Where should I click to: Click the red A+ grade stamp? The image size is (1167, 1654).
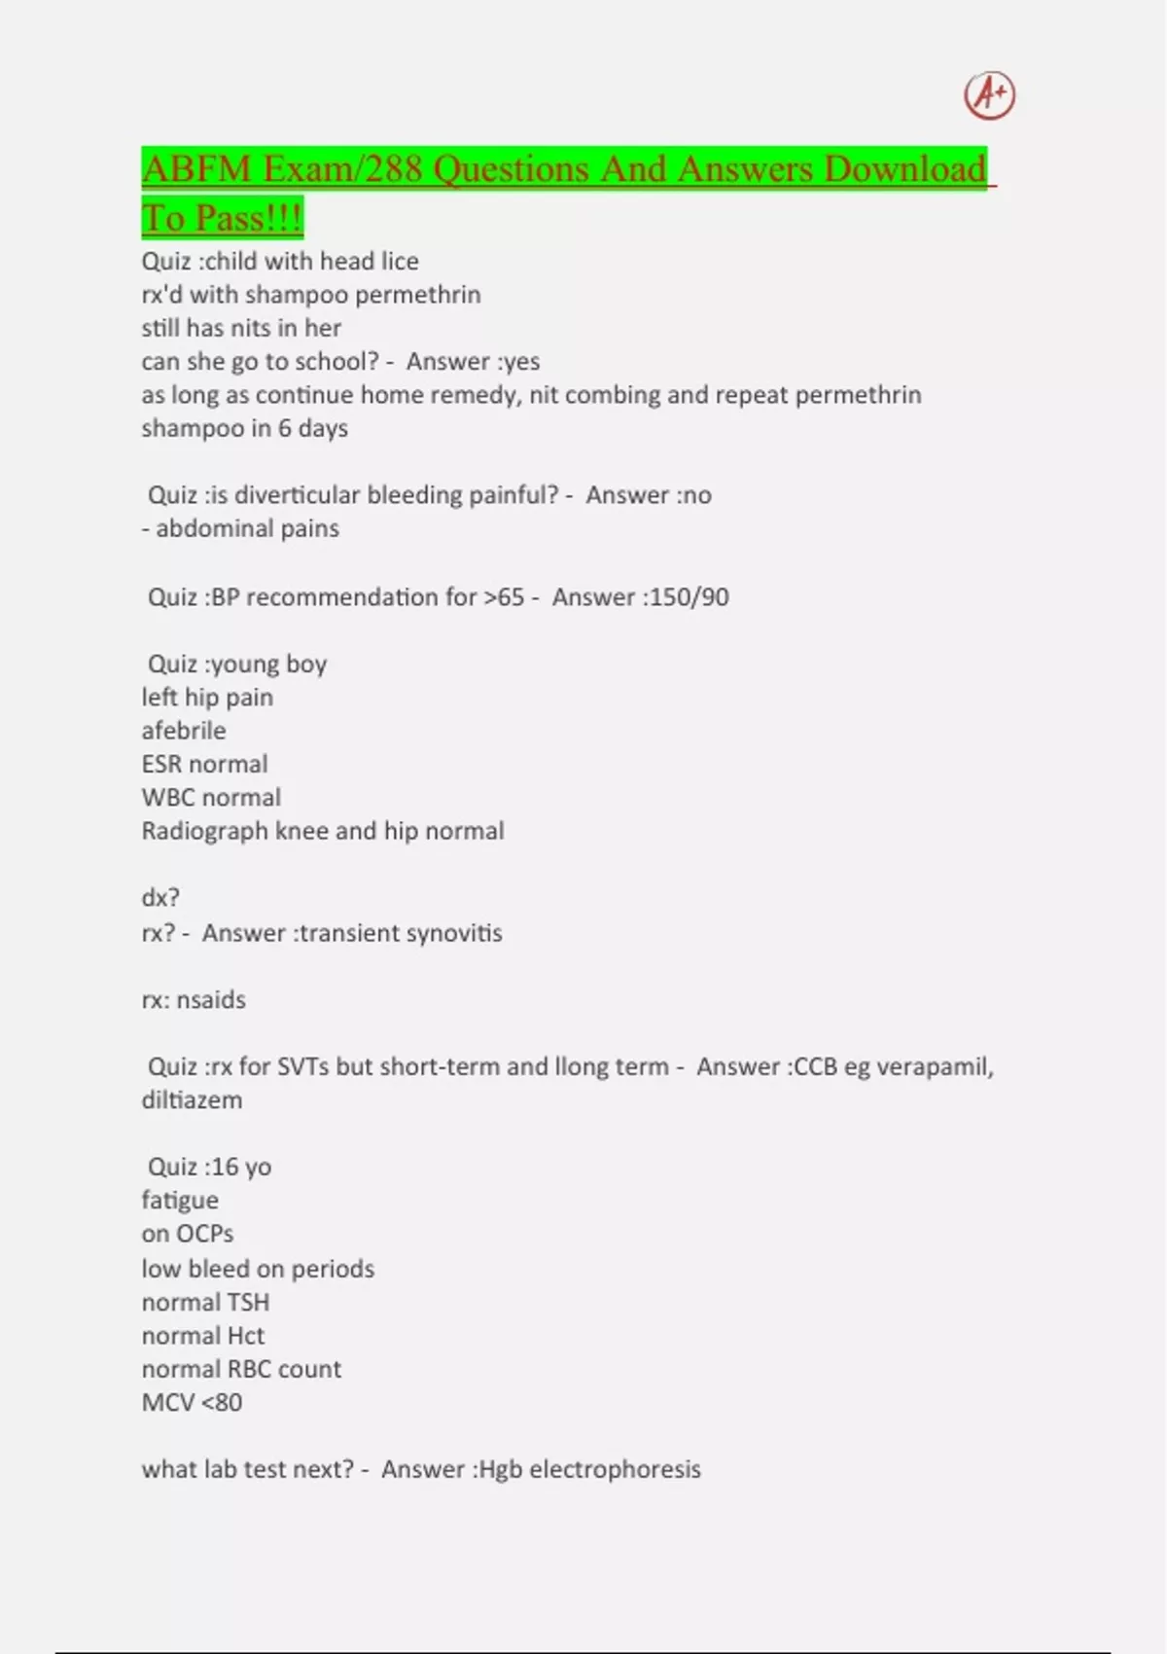coord(989,95)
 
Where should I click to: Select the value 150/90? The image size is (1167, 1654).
coord(689,597)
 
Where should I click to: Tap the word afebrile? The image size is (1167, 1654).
coord(184,731)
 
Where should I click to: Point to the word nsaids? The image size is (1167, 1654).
coord(211,1000)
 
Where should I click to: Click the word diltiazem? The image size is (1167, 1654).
coord(192,1100)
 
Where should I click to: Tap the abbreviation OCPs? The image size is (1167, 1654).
coord(204,1234)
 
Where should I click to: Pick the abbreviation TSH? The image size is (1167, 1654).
coord(247,1303)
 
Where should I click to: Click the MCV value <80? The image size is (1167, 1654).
coord(221,1403)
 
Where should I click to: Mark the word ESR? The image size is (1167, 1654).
coord(161,765)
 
